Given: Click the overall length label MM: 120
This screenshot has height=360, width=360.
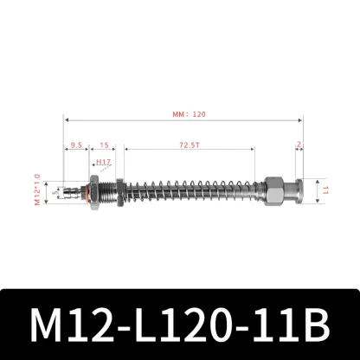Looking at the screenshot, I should pyautogui.click(x=189, y=113).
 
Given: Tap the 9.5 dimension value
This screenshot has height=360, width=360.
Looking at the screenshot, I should pyautogui.click(x=77, y=145).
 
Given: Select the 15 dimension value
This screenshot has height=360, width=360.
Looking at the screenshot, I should pyautogui.click(x=103, y=145).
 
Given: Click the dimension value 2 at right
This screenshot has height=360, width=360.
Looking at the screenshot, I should pyautogui.click(x=299, y=145).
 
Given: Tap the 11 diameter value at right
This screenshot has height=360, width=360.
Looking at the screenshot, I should pyautogui.click(x=326, y=188).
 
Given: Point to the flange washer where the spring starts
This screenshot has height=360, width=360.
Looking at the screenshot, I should pyautogui.click(x=124, y=188).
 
